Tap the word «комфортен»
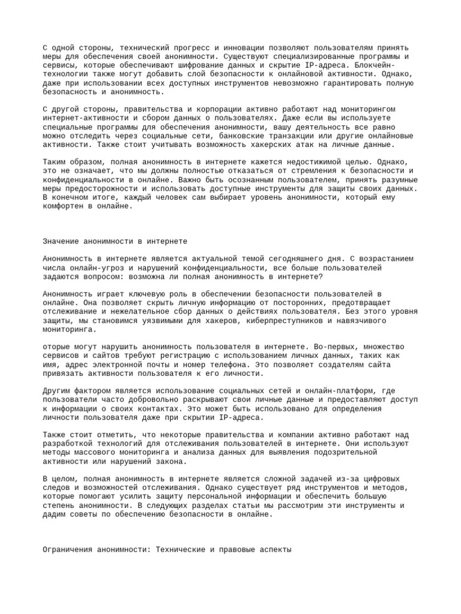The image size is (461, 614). click(x=64, y=206)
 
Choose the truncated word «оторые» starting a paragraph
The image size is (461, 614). click(x=58, y=347)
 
